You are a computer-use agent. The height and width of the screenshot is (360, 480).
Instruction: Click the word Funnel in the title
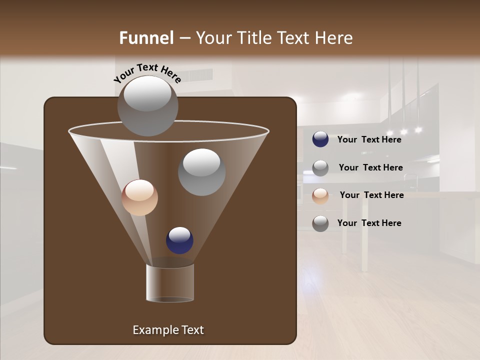tap(146, 38)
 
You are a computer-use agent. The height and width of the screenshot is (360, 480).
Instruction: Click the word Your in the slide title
tap(214, 38)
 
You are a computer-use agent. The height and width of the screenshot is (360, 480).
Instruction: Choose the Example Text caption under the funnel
tap(168, 330)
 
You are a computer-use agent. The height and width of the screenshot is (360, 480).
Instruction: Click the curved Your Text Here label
tap(147, 72)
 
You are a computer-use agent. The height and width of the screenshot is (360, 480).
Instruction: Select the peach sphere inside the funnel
tap(140, 198)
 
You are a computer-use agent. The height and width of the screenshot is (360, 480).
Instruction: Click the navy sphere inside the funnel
tap(179, 240)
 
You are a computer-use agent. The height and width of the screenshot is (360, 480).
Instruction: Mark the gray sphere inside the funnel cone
tap(201, 172)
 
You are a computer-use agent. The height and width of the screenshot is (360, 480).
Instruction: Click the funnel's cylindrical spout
tap(170, 283)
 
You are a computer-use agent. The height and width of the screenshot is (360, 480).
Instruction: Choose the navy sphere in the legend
tap(320, 139)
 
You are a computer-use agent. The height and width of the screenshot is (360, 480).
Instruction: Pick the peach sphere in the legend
tap(320, 195)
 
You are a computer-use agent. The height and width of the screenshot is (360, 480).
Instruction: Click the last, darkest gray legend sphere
tap(320, 223)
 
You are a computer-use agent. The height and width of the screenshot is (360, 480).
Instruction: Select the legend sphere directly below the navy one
tap(320, 167)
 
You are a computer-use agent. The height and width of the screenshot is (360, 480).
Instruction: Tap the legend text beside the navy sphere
tap(369, 139)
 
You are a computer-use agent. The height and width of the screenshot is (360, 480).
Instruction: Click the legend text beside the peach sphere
tap(371, 195)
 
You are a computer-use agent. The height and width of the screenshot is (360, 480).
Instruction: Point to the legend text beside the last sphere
tap(369, 223)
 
